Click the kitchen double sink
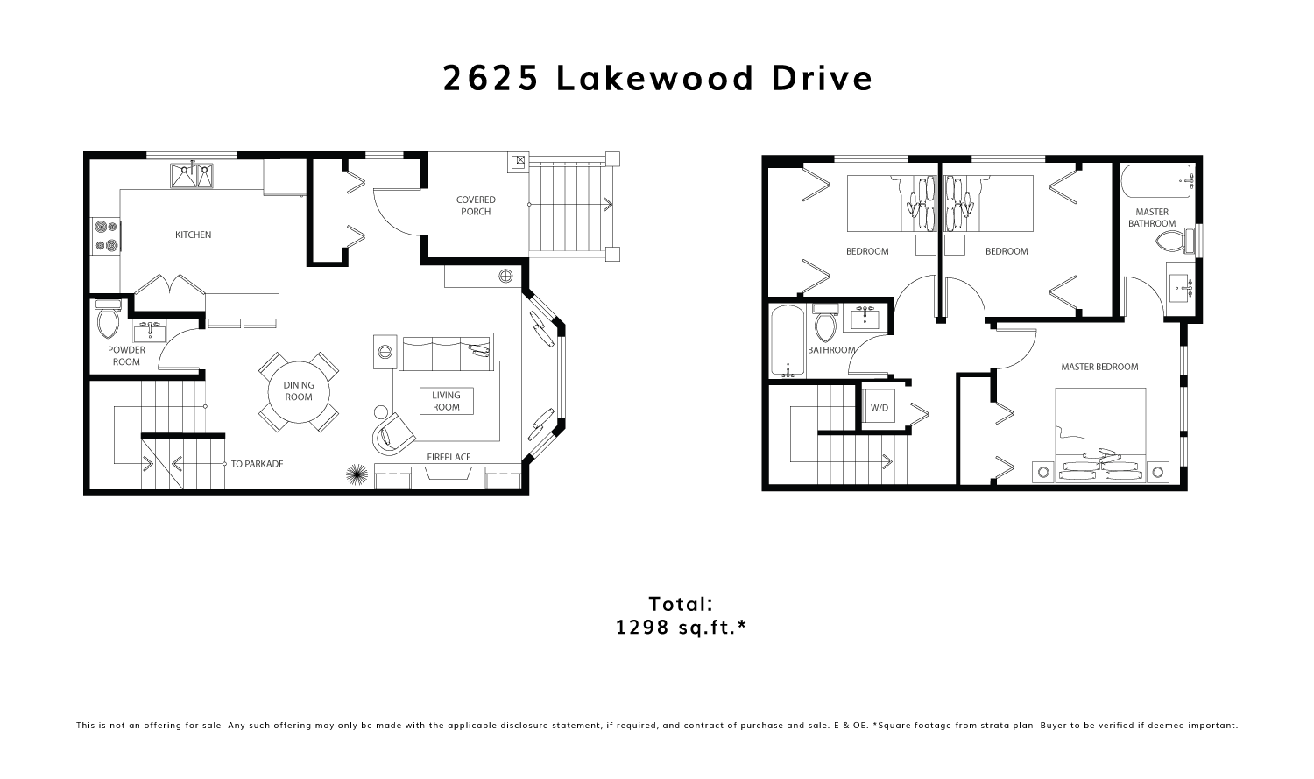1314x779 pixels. point(192,175)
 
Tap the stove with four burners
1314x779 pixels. point(106,235)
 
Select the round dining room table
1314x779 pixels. point(299,391)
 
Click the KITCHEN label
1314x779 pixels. point(193,235)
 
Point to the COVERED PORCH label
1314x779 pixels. point(476,206)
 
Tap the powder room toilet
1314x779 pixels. point(109,320)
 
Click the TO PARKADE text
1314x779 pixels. point(257,464)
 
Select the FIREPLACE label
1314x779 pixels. point(449,457)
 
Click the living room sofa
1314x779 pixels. point(446,352)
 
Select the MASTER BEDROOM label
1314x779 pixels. point(1099,367)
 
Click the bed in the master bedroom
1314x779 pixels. point(1100,435)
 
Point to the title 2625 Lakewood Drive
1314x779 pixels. point(658,79)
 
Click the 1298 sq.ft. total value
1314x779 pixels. point(681,628)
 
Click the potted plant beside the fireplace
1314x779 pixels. point(356,474)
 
